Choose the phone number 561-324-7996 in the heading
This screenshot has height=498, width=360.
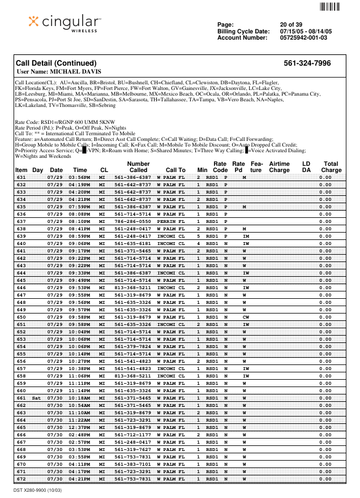tap(307, 63)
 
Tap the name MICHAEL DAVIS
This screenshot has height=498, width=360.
tap(76, 72)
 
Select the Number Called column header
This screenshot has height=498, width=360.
tap(138, 166)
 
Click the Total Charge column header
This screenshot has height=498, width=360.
tap(331, 166)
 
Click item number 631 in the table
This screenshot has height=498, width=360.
tap(22, 178)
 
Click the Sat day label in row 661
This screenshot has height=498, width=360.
tap(37, 398)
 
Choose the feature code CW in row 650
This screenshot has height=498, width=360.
tap(246, 317)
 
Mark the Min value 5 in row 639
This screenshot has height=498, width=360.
tap(199, 236)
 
